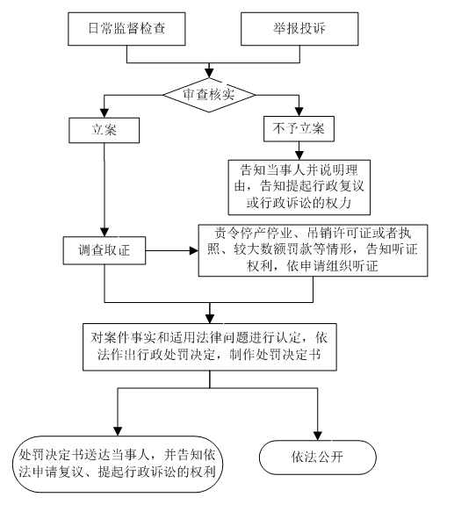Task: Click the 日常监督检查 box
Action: [126, 29]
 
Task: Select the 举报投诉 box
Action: [299, 29]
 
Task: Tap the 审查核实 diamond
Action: [209, 95]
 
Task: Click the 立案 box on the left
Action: [104, 130]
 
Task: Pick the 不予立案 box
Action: [299, 129]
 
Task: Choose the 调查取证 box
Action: [104, 250]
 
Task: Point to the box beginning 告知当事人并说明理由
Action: [299, 187]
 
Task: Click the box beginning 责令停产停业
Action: [313, 250]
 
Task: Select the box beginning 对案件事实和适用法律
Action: [210, 347]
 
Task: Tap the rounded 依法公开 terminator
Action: [318, 458]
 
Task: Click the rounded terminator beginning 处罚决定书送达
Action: [118, 464]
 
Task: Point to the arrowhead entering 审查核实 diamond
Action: [209, 73]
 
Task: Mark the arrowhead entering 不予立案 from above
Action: [299, 112]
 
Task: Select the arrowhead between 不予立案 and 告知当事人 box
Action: [299, 155]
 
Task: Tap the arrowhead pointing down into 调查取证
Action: [104, 232]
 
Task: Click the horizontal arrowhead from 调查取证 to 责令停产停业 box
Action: [193, 250]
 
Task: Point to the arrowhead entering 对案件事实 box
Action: [210, 319]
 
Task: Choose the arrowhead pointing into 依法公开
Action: [318, 436]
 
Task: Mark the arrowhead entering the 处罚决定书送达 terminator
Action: [118, 431]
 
